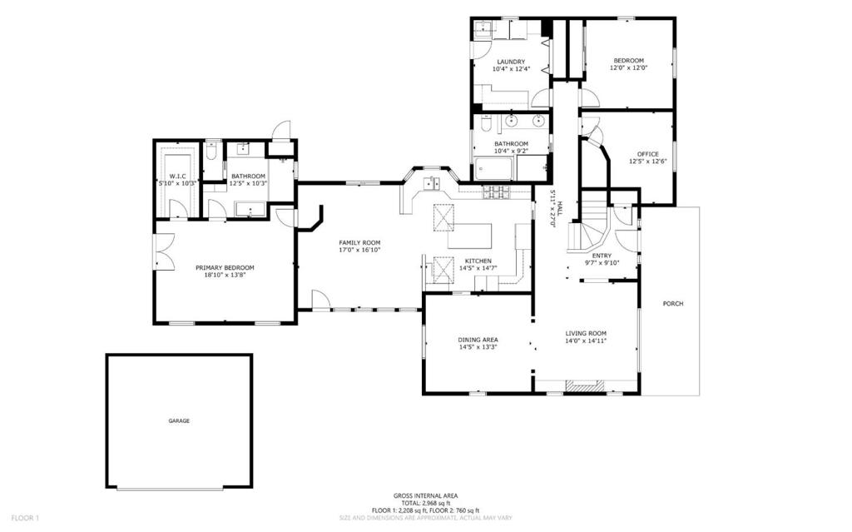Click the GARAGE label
(179, 421)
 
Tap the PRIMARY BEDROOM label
(225, 267)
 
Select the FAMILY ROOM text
(359, 242)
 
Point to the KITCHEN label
(478, 261)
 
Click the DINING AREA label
(478, 340)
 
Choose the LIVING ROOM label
(586, 334)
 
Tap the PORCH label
(673, 304)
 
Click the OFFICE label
(647, 154)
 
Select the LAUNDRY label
(511, 62)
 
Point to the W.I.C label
(178, 177)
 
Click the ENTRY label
(602, 256)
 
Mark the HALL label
(560, 207)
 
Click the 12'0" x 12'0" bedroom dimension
(629, 68)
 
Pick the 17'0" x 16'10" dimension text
(359, 250)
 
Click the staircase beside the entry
(590, 228)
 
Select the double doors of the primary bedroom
(165, 251)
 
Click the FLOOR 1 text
(25, 518)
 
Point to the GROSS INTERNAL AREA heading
(425, 495)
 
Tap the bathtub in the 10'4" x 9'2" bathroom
(493, 169)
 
